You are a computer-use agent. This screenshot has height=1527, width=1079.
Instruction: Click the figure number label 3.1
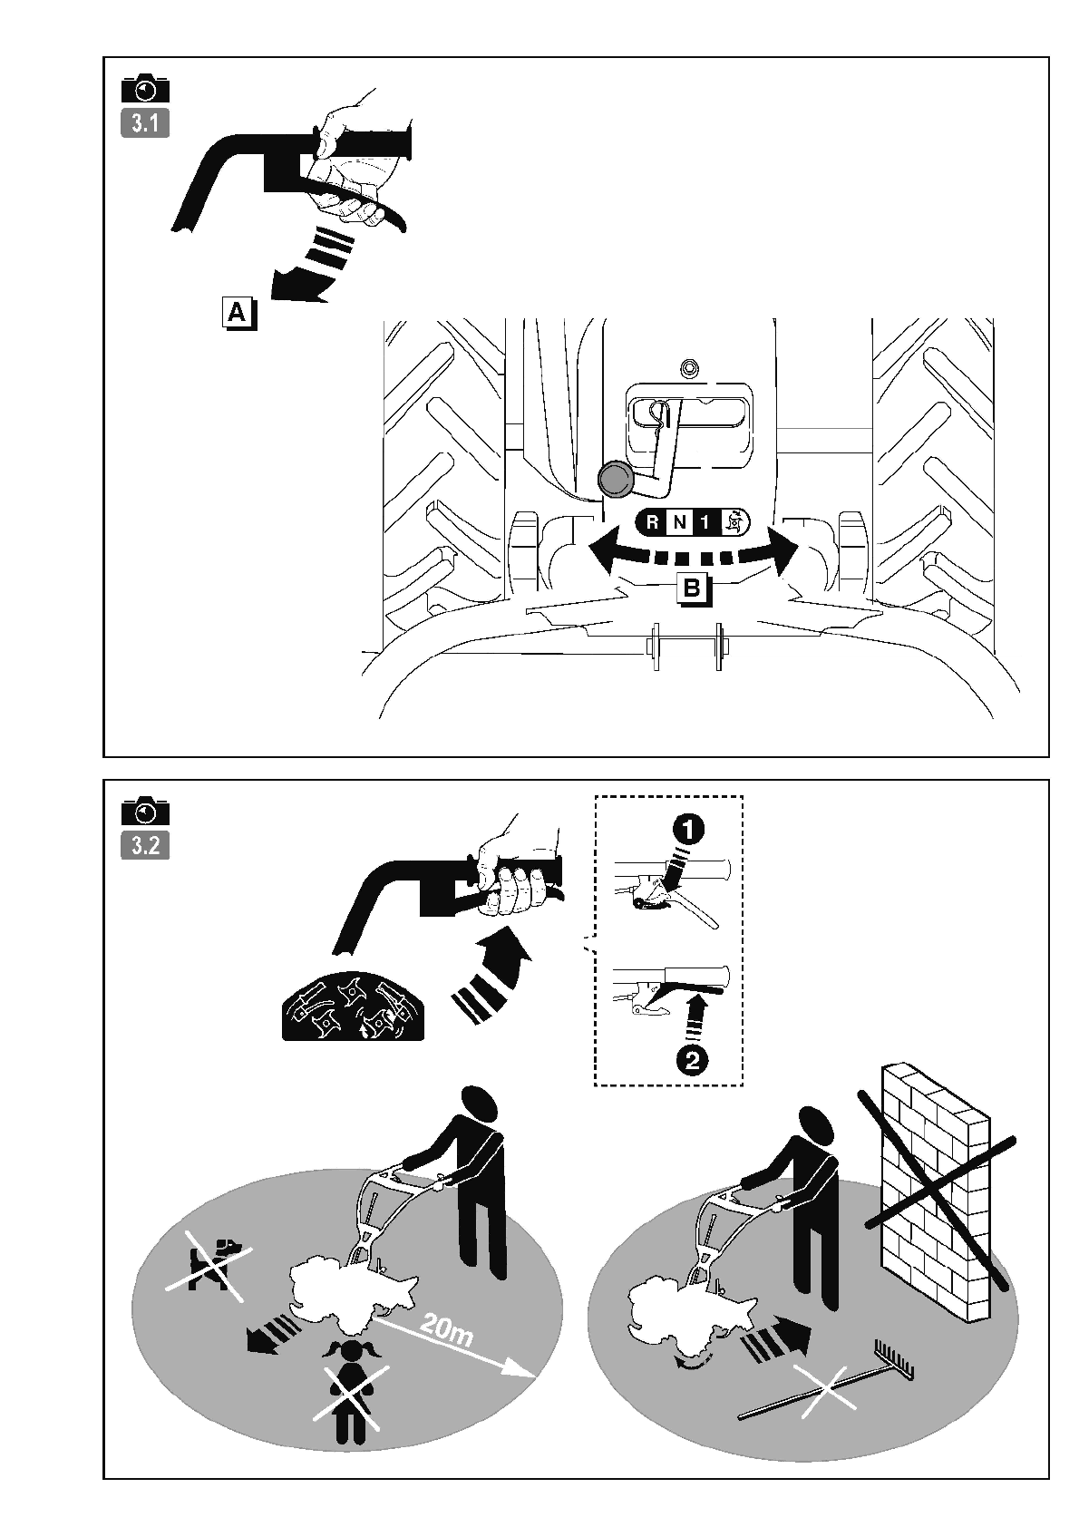pyautogui.click(x=145, y=124)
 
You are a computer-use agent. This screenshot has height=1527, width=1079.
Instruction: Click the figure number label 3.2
pyautogui.click(x=145, y=846)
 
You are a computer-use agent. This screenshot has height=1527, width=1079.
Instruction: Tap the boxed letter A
pyautogui.click(x=238, y=314)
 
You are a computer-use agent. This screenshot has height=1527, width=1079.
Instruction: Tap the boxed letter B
pyautogui.click(x=694, y=589)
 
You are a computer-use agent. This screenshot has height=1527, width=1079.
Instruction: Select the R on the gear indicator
pyautogui.click(x=652, y=523)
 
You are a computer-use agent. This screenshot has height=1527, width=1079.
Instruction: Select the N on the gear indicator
pyautogui.click(x=679, y=523)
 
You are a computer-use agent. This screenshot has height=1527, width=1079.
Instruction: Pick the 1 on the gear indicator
pyautogui.click(x=705, y=523)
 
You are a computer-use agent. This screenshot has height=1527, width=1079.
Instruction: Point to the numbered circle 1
pyautogui.click(x=689, y=830)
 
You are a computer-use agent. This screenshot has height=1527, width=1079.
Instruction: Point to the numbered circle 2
pyautogui.click(x=692, y=1062)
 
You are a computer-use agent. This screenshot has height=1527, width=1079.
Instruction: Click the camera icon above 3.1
pyautogui.click(x=145, y=90)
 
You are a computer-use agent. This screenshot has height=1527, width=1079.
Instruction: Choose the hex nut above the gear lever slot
pyautogui.click(x=688, y=369)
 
